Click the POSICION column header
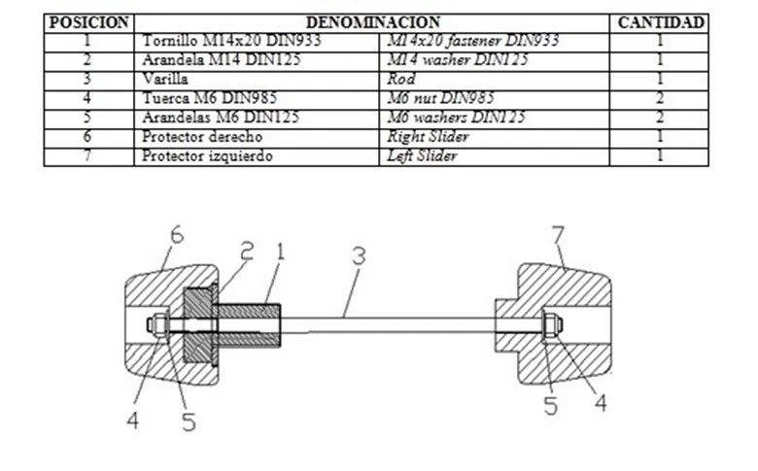(88, 21)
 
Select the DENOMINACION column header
(373, 21)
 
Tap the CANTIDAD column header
(661, 21)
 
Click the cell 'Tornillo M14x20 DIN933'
(230, 41)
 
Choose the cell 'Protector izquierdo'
(207, 155)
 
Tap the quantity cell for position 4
(660, 98)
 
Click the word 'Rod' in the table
(401, 79)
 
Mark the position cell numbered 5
(88, 118)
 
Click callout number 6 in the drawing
(175, 234)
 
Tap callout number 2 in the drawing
(247, 251)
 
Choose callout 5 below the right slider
(551, 406)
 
